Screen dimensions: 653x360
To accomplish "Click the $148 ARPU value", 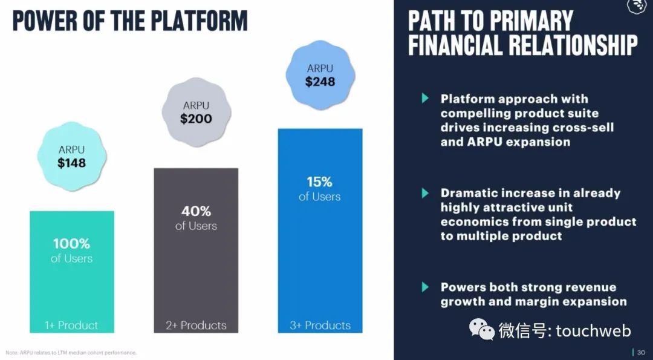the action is (71, 163).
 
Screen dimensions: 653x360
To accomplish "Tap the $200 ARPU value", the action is (196, 119).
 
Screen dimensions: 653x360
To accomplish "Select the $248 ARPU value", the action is (320, 82).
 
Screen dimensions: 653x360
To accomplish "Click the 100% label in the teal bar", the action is (71, 244).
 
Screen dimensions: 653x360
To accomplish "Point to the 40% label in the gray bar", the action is (196, 211).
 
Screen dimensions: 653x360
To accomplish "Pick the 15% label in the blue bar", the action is (319, 182).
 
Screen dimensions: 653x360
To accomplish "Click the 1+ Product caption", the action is (71, 326).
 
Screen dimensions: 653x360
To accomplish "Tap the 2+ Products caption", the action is (196, 326).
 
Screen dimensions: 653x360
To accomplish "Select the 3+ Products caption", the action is (320, 326).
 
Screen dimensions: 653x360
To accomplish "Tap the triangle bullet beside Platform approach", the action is (425, 99).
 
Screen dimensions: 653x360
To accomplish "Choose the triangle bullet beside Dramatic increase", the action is (425, 193).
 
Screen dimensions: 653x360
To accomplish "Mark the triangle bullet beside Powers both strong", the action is (425, 287).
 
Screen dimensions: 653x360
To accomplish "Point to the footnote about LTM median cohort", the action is (71, 353).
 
